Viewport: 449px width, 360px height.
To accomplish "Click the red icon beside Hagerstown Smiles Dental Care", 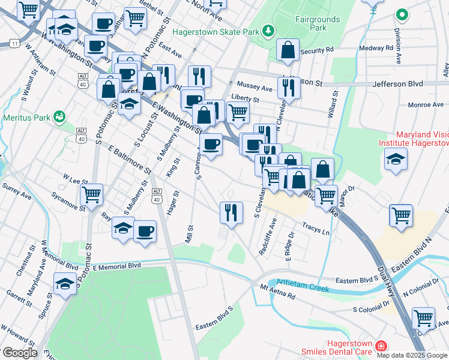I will [380, 346].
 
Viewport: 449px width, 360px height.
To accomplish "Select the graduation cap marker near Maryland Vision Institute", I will [396, 160].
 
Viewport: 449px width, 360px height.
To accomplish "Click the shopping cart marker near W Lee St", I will [91, 194].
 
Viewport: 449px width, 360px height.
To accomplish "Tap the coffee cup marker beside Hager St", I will [144, 230].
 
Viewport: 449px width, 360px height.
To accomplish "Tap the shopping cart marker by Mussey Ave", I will [238, 112].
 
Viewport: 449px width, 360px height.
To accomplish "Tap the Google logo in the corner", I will [19, 352].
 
